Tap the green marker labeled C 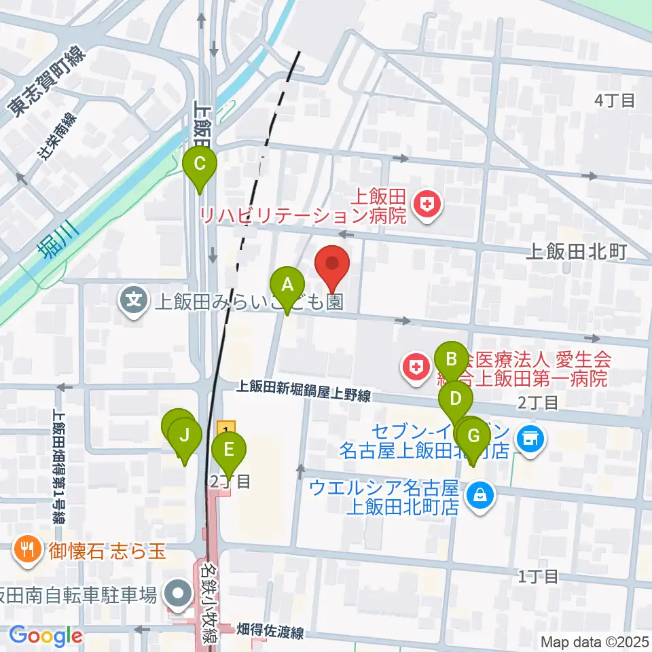coord(200,165)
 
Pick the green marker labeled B coord(450,358)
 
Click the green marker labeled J coord(185,435)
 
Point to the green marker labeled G coord(474,435)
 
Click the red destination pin coord(333,264)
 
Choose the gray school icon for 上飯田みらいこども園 coord(134,300)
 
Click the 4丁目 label coord(614,101)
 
